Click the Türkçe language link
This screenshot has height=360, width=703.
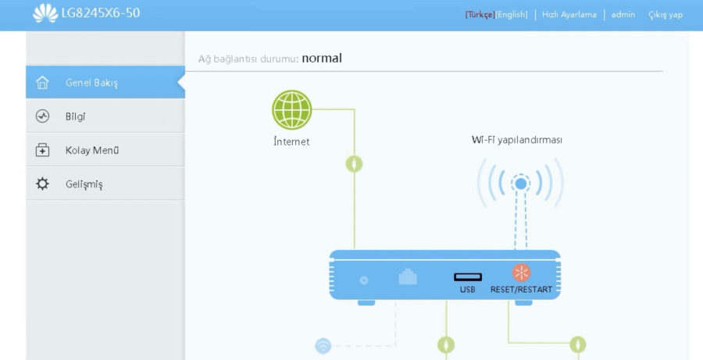[480, 15]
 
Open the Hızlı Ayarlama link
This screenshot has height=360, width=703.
[569, 15]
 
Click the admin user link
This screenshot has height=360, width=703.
[623, 15]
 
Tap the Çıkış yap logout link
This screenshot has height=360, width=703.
[666, 15]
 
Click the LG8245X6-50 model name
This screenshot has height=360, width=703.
[101, 14]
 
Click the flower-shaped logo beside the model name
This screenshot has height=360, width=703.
[44, 13]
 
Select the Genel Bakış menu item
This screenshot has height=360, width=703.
[91, 83]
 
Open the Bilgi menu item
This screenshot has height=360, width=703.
[75, 116]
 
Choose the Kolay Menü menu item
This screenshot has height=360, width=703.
[91, 150]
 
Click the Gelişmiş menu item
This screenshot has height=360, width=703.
[84, 184]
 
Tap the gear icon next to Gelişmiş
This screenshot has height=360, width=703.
[43, 184]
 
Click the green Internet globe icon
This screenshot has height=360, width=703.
[291, 109]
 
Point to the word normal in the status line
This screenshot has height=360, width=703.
[322, 58]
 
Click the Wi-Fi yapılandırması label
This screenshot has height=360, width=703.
[517, 140]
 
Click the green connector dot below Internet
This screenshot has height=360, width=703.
[354, 164]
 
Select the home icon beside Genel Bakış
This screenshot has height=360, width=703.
[43, 83]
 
